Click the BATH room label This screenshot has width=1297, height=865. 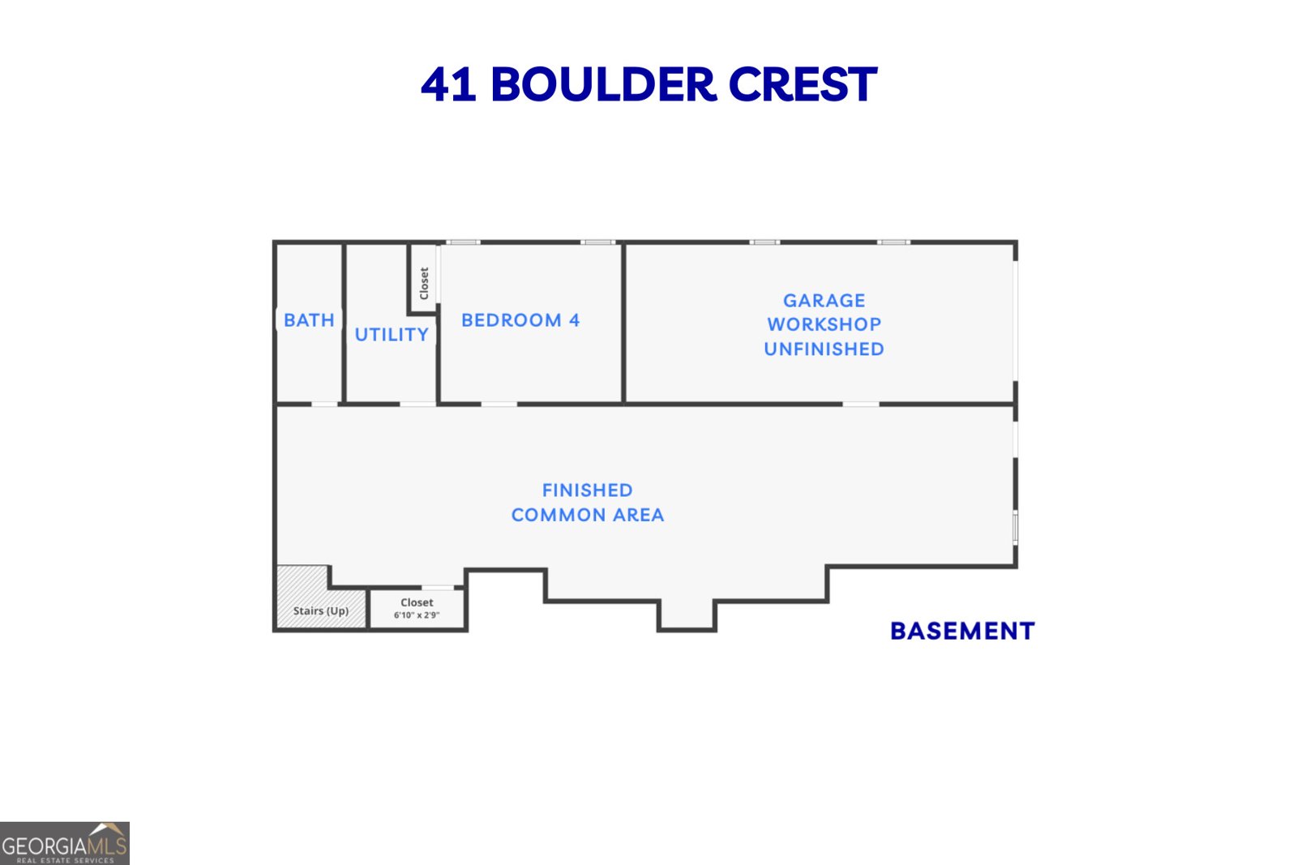[x=309, y=320]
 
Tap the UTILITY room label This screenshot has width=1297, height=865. [x=392, y=335]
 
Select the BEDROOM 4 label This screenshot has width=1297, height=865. [x=520, y=320]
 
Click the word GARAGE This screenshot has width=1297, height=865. [x=824, y=301]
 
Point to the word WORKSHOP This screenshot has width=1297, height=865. [x=824, y=324]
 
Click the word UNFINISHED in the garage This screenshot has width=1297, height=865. [x=824, y=349]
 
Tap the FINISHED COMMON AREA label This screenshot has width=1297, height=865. [x=588, y=503]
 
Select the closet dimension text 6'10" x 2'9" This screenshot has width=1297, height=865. [x=417, y=615]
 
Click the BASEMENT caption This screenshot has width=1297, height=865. [x=962, y=631]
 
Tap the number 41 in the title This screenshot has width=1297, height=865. [x=448, y=84]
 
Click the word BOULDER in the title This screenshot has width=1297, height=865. [x=603, y=84]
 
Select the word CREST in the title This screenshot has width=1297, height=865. [x=803, y=84]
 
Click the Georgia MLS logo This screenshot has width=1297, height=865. [x=64, y=843]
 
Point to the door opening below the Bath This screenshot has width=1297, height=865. [x=324, y=403]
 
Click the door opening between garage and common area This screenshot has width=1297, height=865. [x=860, y=403]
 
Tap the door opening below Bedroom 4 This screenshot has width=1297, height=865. [x=499, y=403]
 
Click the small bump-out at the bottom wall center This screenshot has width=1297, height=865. [x=687, y=616]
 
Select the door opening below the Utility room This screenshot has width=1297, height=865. [x=417, y=403]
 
